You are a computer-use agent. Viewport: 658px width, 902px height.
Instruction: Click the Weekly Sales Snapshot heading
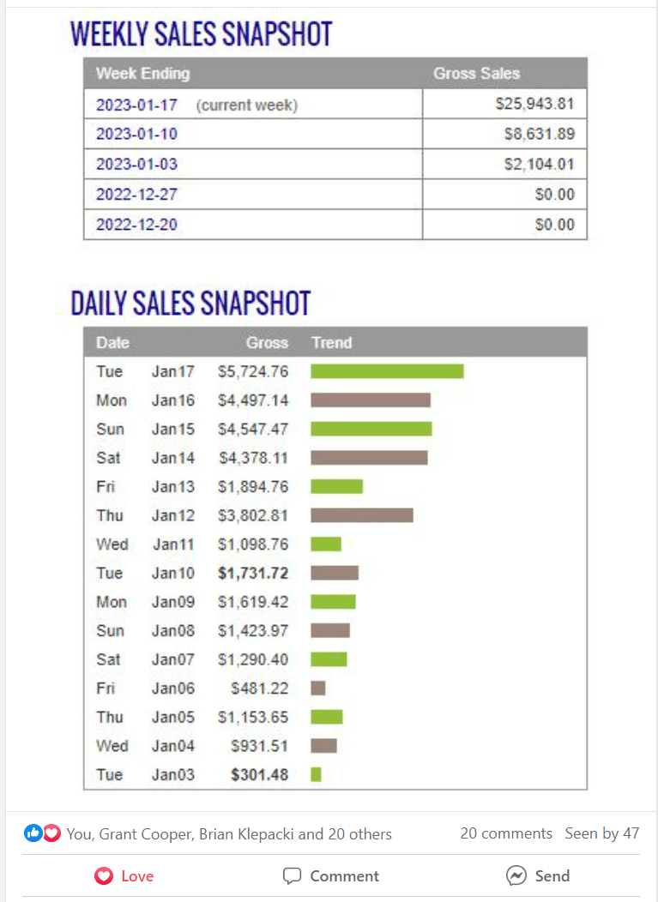pyautogui.click(x=201, y=34)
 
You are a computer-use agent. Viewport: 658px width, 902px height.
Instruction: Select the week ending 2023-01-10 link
pyautogui.click(x=137, y=135)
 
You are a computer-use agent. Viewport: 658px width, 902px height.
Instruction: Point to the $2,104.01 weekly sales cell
pyautogui.click(x=539, y=165)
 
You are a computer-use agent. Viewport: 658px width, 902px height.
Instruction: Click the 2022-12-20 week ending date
pyautogui.click(x=137, y=225)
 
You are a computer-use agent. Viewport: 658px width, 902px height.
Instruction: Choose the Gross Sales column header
pyautogui.click(x=476, y=74)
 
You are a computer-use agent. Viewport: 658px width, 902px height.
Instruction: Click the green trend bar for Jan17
pyautogui.click(x=387, y=371)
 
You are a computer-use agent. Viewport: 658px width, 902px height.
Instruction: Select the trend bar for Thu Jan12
pyautogui.click(x=361, y=515)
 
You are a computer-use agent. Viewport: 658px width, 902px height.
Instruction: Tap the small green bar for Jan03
pyautogui.click(x=316, y=774)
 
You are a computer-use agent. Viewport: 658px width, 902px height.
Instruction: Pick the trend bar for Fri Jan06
pyautogui.click(x=318, y=688)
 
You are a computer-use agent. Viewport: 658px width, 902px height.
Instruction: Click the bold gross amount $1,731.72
pyautogui.click(x=253, y=573)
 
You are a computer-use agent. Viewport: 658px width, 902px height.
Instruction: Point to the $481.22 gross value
pyautogui.click(x=259, y=688)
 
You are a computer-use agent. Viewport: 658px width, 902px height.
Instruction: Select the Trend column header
pyautogui.click(x=332, y=343)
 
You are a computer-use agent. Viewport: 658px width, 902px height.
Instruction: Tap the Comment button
pyautogui.click(x=331, y=876)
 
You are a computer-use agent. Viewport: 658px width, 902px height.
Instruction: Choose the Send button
pyautogui.click(x=538, y=876)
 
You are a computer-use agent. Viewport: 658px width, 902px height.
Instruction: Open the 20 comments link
pyautogui.click(x=506, y=833)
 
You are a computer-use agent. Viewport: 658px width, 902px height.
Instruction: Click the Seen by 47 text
pyautogui.click(x=601, y=833)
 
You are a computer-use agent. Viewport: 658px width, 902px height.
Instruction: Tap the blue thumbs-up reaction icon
pyautogui.click(x=33, y=833)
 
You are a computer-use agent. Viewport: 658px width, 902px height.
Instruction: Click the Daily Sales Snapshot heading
pyautogui.click(x=190, y=304)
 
